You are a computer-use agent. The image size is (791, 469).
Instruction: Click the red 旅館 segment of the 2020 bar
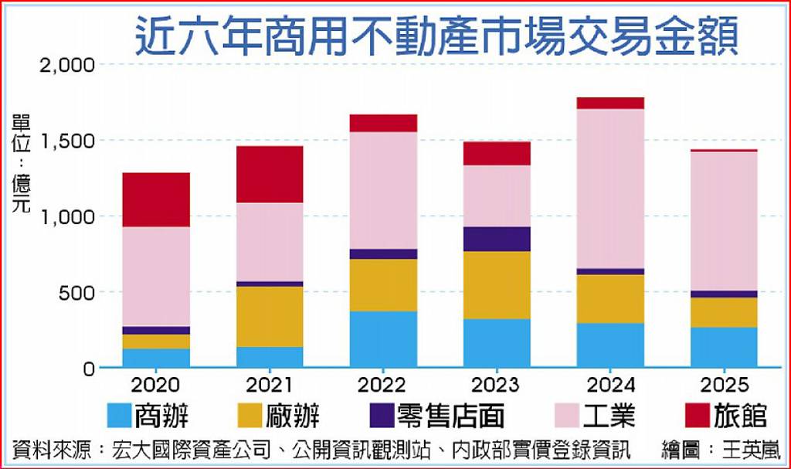click(156, 199)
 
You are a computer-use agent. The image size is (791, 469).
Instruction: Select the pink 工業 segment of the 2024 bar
click(610, 189)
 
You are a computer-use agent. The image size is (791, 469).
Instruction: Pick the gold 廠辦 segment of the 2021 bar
click(270, 316)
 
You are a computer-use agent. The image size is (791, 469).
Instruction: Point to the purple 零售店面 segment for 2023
click(497, 239)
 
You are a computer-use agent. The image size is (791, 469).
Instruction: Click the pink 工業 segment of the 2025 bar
click(724, 221)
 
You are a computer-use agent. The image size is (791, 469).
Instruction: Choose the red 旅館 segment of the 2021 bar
click(270, 174)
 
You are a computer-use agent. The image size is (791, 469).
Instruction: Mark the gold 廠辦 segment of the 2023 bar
click(497, 285)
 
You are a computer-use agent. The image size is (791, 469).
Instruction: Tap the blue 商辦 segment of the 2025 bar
click(724, 347)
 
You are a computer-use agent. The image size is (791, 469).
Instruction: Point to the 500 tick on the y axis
click(77, 293)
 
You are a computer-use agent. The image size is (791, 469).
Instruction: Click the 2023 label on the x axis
click(497, 384)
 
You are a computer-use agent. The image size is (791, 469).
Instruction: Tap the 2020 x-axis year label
click(156, 384)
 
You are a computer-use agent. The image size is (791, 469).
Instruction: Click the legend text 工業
click(608, 416)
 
